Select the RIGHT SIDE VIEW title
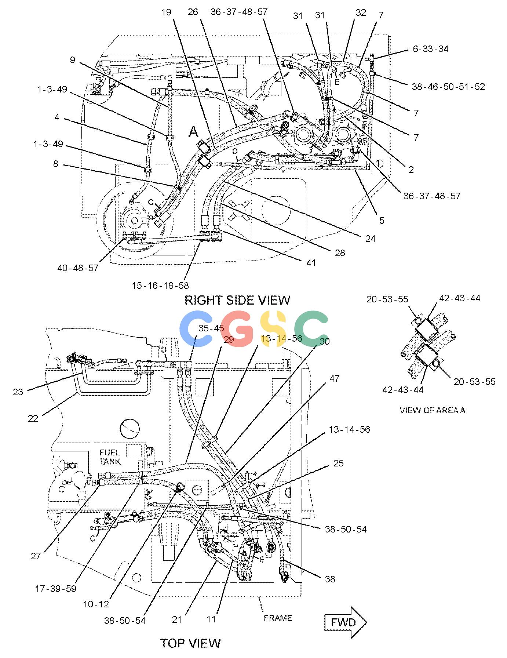point(237,300)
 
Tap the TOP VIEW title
point(190,643)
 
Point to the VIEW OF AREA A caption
point(432,410)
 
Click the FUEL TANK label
point(110,457)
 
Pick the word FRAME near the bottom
point(278,618)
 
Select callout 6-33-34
point(430,49)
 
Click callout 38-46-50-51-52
point(448,87)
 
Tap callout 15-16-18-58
point(160,285)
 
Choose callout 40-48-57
point(78,268)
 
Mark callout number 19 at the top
point(166,12)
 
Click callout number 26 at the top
point(193,12)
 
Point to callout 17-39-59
point(55,589)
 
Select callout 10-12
point(96,604)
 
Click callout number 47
point(334,378)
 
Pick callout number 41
point(311,263)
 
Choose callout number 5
point(382,220)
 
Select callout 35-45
point(211,328)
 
